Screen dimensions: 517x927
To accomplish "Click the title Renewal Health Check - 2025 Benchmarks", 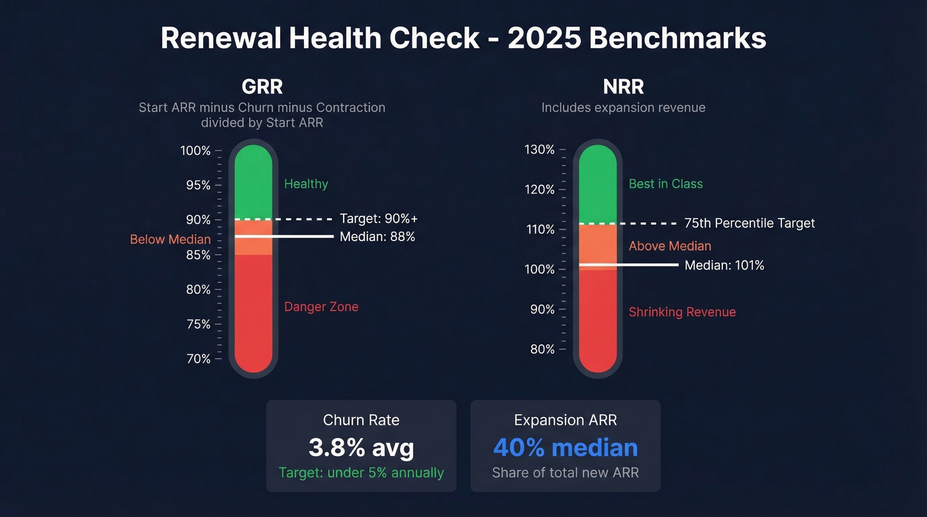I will [x=463, y=38].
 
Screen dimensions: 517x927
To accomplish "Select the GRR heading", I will [x=262, y=87].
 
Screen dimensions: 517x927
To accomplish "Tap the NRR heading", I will [x=623, y=87].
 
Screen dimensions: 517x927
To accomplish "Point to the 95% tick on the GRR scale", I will [x=197, y=185].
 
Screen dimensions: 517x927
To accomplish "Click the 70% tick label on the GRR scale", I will [x=197, y=359].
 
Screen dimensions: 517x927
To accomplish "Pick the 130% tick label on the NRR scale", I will [x=539, y=150].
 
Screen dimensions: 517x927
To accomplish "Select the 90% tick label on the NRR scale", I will [x=542, y=309].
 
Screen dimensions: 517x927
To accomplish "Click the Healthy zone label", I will [x=306, y=184].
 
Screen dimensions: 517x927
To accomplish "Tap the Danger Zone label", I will [x=321, y=306].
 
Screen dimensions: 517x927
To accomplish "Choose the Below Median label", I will [x=170, y=240].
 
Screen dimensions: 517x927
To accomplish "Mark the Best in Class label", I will [x=665, y=184].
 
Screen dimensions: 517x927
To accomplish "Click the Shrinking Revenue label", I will [x=682, y=312].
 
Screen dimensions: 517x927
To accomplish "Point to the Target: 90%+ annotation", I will [x=379, y=219].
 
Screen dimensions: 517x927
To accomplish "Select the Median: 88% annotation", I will [x=377, y=236].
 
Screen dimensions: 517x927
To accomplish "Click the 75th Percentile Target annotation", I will [x=750, y=223].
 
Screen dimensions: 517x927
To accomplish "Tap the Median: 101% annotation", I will [x=724, y=265].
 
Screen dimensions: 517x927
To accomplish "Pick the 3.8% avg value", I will [x=361, y=448].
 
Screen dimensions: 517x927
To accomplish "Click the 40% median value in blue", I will [x=565, y=448].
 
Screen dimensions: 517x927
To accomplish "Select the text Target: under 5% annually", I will [x=361, y=473].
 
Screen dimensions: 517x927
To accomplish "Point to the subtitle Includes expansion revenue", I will [x=623, y=107].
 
